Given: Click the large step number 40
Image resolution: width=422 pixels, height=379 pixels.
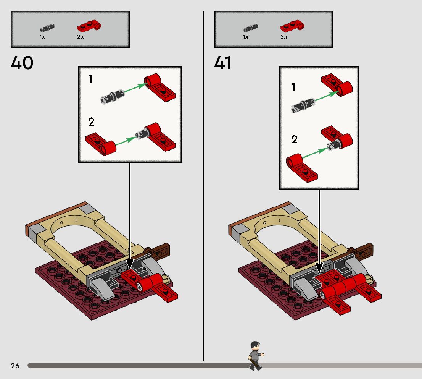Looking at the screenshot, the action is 22,63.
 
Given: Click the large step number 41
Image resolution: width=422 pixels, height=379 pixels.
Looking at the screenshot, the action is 223,63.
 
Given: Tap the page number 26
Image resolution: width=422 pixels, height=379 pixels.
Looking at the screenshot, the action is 15,366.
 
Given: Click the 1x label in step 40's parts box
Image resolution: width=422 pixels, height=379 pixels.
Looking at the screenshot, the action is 42,37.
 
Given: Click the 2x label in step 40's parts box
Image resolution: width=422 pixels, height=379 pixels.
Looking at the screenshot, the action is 80,37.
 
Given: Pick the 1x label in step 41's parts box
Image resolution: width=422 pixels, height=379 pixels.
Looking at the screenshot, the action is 245,37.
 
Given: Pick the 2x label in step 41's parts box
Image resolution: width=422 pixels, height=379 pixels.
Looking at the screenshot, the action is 283,37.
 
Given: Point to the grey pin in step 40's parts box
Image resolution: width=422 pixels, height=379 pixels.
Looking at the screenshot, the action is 47,28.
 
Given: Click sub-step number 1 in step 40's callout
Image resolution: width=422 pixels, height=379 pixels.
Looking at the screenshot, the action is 90,79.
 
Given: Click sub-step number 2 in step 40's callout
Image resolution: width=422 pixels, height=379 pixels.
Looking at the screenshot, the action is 91,122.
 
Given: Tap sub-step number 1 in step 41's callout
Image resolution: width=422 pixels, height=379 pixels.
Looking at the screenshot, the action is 293,87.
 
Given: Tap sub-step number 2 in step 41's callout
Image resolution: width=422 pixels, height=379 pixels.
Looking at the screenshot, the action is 294,139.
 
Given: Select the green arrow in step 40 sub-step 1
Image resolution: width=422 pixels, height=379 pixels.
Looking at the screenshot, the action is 134,89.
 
